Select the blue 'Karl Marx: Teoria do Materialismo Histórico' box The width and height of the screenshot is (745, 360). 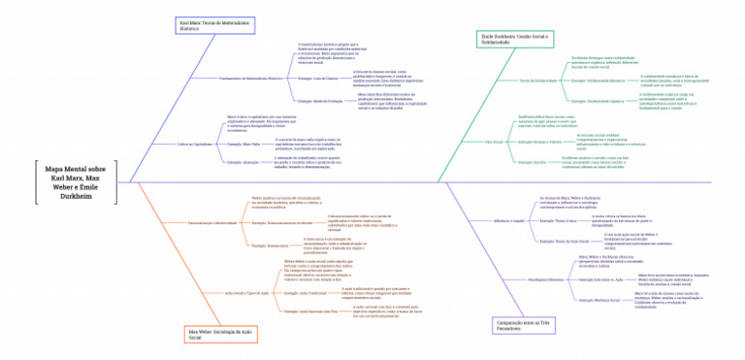tap(215, 25)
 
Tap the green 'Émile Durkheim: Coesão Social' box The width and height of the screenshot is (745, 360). tap(515, 39)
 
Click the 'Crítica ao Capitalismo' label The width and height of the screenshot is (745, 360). tap(194, 144)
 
